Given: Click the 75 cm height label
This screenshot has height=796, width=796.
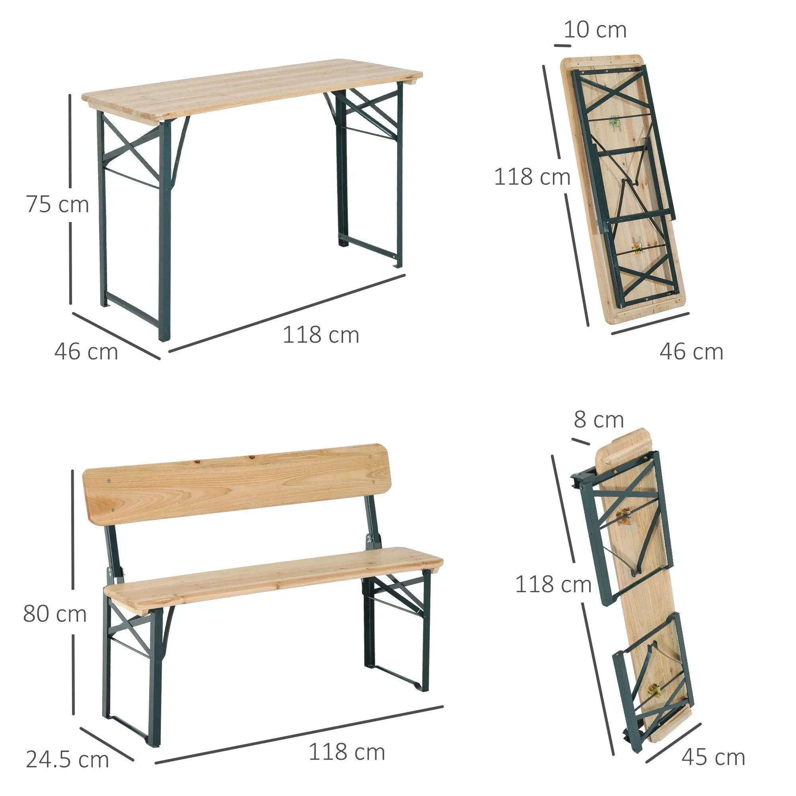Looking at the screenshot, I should (57, 204).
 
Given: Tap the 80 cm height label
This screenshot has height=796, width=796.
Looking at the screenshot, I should (55, 613).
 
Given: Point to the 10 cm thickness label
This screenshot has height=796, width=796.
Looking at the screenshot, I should (595, 30).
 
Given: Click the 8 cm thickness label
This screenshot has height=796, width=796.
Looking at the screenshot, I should (598, 419).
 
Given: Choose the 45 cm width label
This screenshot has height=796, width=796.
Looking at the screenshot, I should (713, 757).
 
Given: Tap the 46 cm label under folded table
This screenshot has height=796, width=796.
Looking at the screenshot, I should (691, 352).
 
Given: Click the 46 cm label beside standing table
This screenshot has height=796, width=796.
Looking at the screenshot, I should (86, 352).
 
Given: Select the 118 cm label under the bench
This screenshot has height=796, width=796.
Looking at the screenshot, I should (347, 740).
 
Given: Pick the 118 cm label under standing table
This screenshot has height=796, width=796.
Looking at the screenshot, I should (321, 335).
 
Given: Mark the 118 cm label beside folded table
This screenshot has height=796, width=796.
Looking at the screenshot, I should (532, 177).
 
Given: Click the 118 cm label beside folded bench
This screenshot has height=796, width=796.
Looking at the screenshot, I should (553, 584).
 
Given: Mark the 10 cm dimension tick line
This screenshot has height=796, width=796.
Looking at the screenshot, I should (562, 45).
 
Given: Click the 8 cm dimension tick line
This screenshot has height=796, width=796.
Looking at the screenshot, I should (581, 441).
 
